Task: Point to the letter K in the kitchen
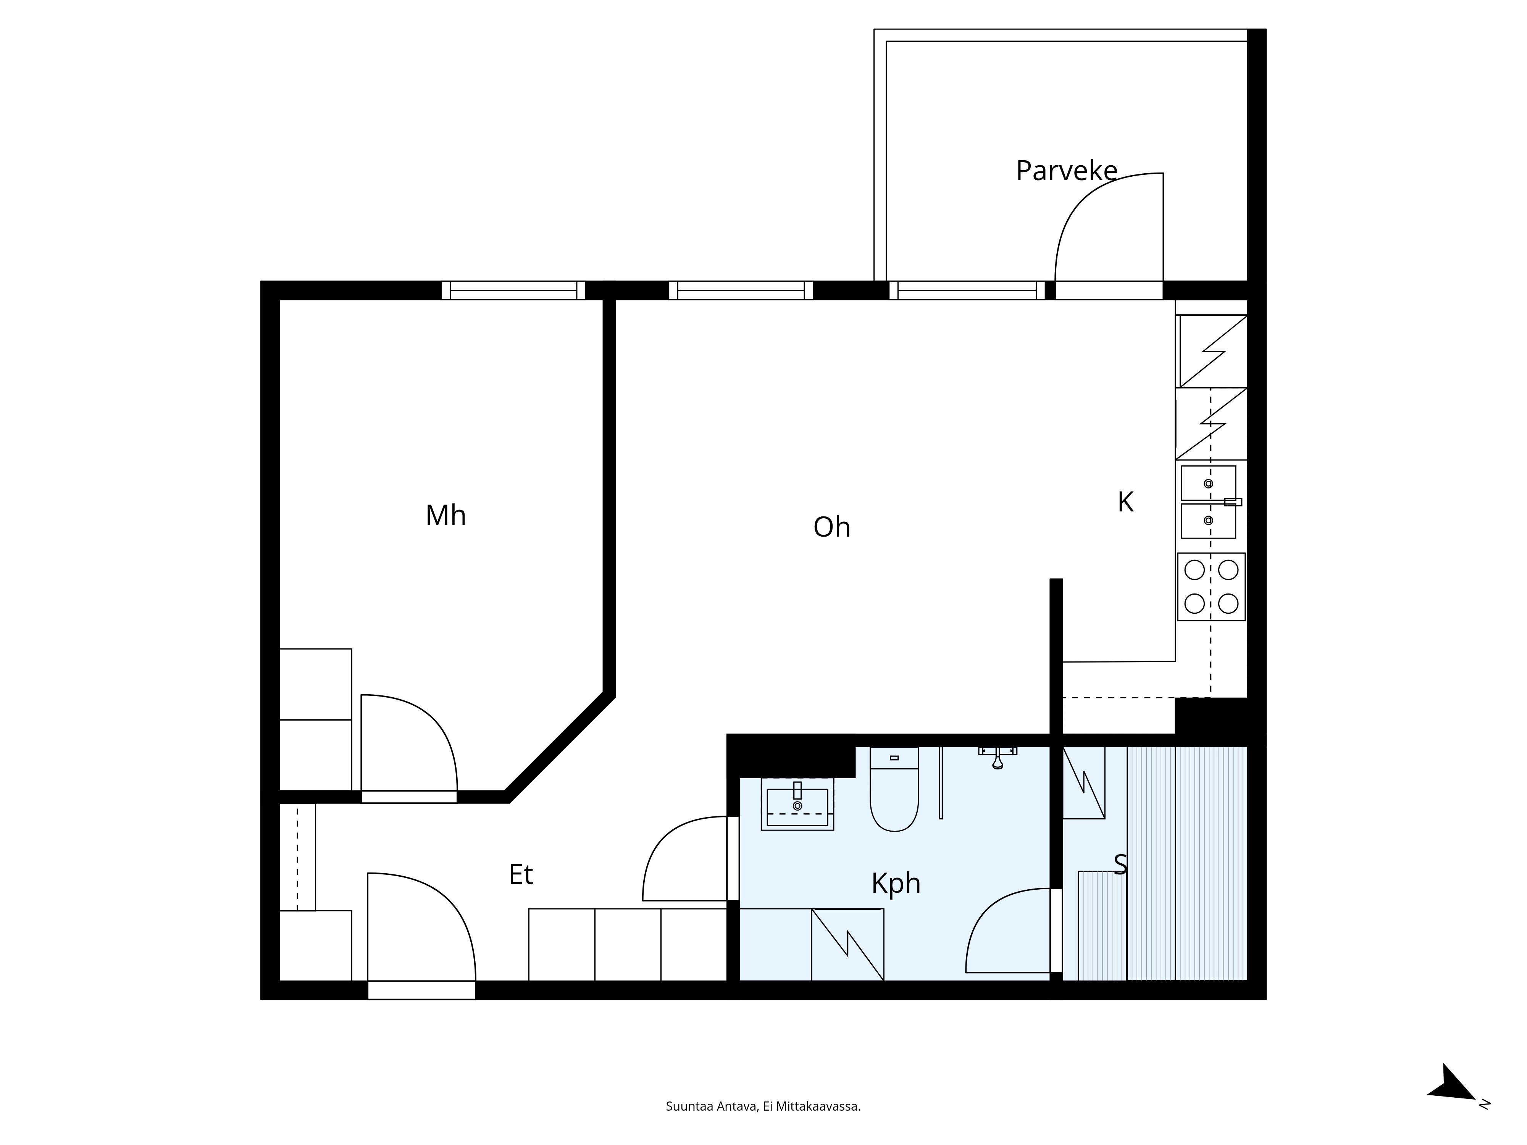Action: [x=1125, y=502]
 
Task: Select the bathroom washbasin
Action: [x=797, y=804]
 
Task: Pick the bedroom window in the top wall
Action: [x=513, y=290]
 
